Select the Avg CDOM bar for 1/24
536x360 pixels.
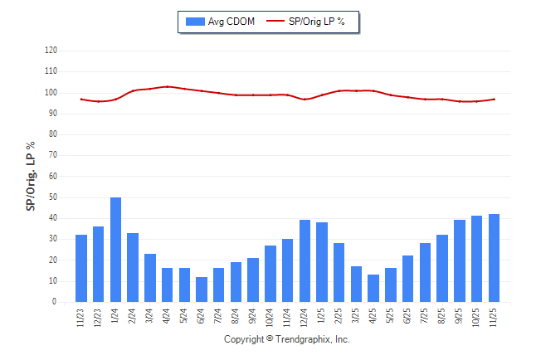click(115, 250)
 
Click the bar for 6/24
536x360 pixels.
click(202, 289)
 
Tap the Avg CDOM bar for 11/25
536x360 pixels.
click(495, 258)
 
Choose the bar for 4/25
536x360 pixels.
click(374, 289)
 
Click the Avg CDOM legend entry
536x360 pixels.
click(220, 21)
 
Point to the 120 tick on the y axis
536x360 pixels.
click(51, 50)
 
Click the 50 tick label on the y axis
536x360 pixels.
click(52, 197)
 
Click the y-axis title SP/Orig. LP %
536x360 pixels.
click(31, 176)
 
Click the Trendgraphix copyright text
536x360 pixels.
click(287, 339)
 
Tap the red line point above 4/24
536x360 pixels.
click(168, 86)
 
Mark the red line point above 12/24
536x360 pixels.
click(305, 100)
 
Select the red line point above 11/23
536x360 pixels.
click(81, 99)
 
